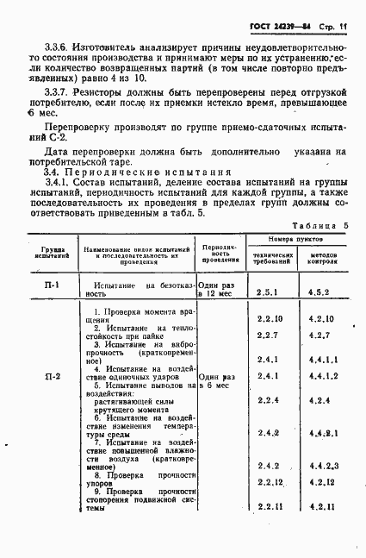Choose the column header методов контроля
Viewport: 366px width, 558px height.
[319, 256]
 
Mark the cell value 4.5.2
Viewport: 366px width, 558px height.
[319, 293]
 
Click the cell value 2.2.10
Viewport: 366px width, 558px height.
[270, 319]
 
